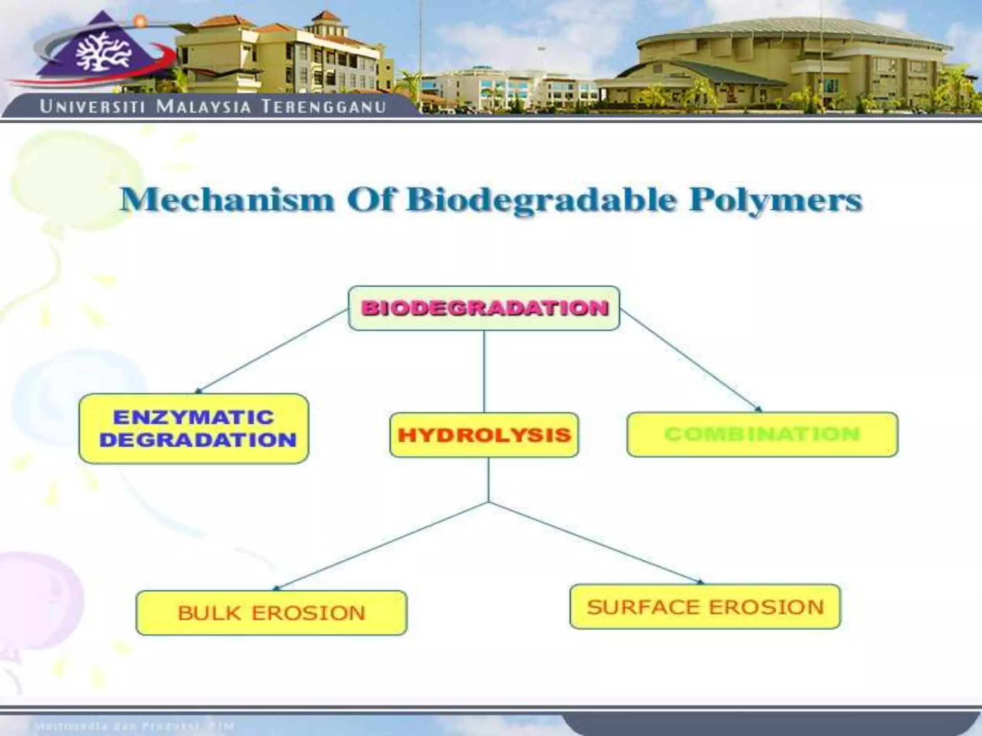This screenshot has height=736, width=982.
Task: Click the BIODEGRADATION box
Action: click(484, 308)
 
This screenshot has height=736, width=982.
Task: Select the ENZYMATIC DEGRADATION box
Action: click(194, 428)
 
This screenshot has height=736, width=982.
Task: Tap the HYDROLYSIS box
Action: click(484, 435)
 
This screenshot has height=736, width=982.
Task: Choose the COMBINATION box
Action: click(762, 434)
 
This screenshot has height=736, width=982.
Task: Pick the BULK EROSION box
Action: click(271, 612)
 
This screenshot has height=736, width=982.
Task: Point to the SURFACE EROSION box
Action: click(705, 606)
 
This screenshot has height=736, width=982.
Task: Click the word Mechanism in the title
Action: click(227, 200)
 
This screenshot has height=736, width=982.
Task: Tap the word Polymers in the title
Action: click(775, 200)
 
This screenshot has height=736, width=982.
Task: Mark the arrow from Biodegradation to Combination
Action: click(690, 360)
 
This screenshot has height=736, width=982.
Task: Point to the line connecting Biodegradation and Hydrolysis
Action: click(484, 371)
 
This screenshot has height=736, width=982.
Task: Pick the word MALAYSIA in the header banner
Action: click(204, 106)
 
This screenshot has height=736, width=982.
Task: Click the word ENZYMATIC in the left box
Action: click(193, 417)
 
